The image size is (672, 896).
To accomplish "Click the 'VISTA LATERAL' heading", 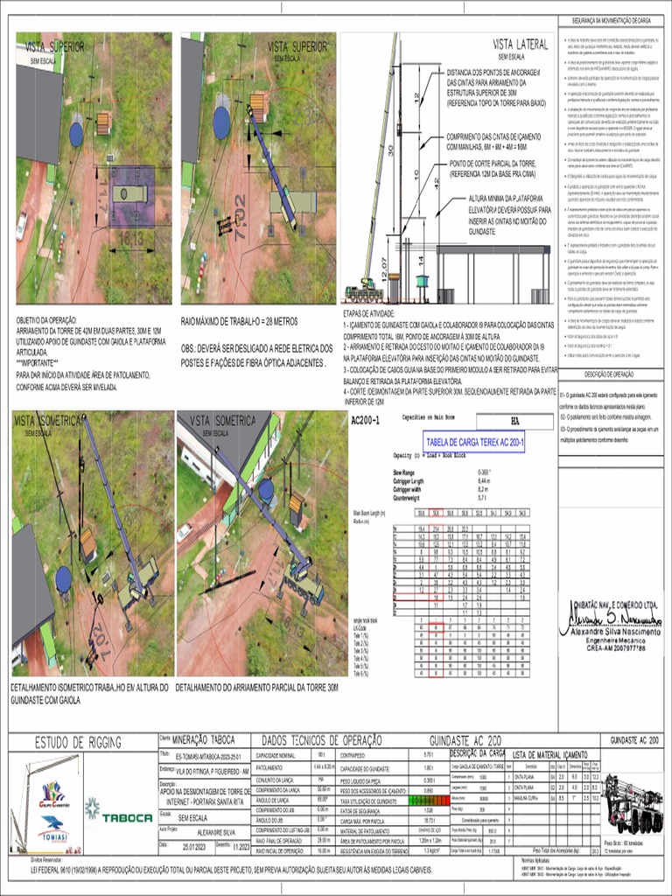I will tap(517, 44).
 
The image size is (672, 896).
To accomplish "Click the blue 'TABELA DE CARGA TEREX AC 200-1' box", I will tap(473, 444).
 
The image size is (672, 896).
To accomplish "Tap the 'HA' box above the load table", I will tap(515, 421).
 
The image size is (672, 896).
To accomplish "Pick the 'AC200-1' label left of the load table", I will tap(366, 421).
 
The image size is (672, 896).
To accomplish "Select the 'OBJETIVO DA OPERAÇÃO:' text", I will tap(45, 321).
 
